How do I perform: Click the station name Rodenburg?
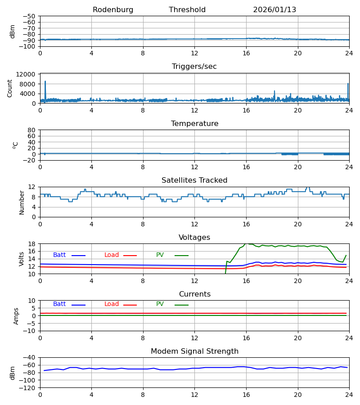113,10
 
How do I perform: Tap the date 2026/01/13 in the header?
274,10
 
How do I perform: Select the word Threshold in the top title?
187,10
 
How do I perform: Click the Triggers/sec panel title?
194,67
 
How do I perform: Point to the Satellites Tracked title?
194,180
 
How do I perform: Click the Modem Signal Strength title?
194,351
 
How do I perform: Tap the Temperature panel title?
194,124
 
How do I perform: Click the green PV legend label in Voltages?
160,255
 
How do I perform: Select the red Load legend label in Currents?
112,304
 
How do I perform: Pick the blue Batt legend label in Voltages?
59,255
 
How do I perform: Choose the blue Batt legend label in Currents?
59,304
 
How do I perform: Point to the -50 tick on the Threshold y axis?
31,16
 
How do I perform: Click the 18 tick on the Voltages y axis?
32,244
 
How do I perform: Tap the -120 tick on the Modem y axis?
29,387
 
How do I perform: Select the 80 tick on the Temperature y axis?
32,130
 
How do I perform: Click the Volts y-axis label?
22,259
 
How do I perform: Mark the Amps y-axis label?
17,316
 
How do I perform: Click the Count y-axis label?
10,88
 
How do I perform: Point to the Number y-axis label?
22,202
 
